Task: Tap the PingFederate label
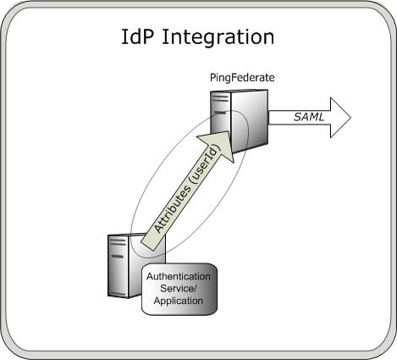(x=242, y=78)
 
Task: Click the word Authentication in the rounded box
(x=180, y=276)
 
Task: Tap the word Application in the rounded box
(x=180, y=300)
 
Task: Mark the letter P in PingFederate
(x=213, y=78)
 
